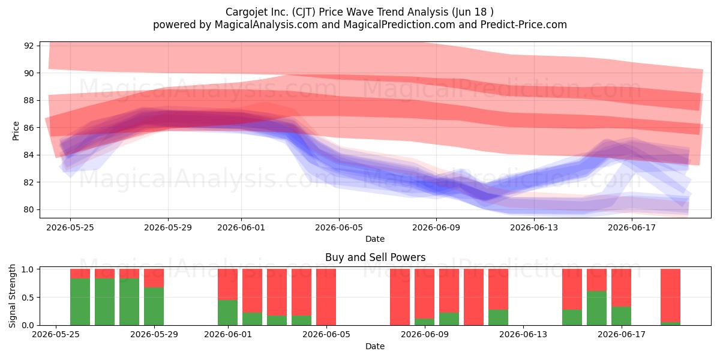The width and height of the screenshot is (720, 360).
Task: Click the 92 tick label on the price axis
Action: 29,46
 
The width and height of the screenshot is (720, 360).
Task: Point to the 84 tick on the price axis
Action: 29,155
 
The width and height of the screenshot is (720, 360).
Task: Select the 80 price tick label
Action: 29,209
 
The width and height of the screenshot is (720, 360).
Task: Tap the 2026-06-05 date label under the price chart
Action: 339,227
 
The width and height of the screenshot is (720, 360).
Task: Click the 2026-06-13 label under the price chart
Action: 534,227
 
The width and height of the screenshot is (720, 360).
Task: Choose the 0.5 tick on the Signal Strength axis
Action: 28,298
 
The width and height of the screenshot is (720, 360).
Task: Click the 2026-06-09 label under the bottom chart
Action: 425,335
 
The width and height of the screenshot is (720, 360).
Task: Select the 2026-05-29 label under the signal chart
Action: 154,335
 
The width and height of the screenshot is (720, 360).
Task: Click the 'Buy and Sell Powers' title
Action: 375,257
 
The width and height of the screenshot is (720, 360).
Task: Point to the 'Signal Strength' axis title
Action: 12,296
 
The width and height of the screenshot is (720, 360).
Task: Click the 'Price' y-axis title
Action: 16,131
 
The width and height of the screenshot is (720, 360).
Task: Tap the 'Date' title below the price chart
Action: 375,239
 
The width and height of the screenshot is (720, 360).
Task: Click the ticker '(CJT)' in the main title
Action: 304,12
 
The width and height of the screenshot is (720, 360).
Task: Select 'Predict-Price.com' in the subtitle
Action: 524,25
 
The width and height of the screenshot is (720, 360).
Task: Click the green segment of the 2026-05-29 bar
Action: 154,307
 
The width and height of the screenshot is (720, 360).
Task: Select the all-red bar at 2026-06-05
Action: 326,297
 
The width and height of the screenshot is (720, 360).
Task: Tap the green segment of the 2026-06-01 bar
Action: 227,313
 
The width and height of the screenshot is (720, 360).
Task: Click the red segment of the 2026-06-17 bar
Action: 621,287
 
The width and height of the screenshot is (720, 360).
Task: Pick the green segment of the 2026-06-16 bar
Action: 596,308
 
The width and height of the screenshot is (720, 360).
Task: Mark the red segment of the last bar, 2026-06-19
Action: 670,295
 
